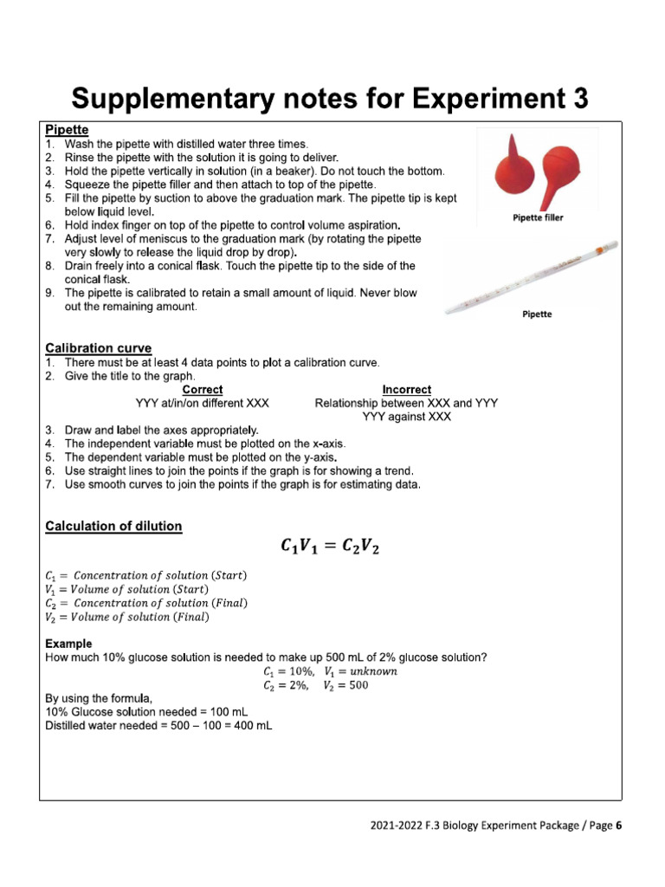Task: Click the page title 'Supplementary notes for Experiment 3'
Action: (330, 97)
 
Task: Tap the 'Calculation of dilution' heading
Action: (113, 526)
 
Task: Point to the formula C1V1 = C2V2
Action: (330, 547)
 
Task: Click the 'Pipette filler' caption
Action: (538, 218)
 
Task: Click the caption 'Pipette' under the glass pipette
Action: (537, 314)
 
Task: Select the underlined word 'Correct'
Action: (202, 390)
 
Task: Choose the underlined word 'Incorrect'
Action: (406, 390)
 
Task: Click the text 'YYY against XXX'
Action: (406, 417)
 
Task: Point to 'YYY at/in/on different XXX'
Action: (202, 404)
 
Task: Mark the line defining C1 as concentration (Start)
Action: (145, 575)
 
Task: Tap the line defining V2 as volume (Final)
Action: (126, 617)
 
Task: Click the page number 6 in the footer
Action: (619, 825)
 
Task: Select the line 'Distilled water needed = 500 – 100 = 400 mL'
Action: (158, 725)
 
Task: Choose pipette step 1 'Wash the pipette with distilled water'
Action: (185, 144)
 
